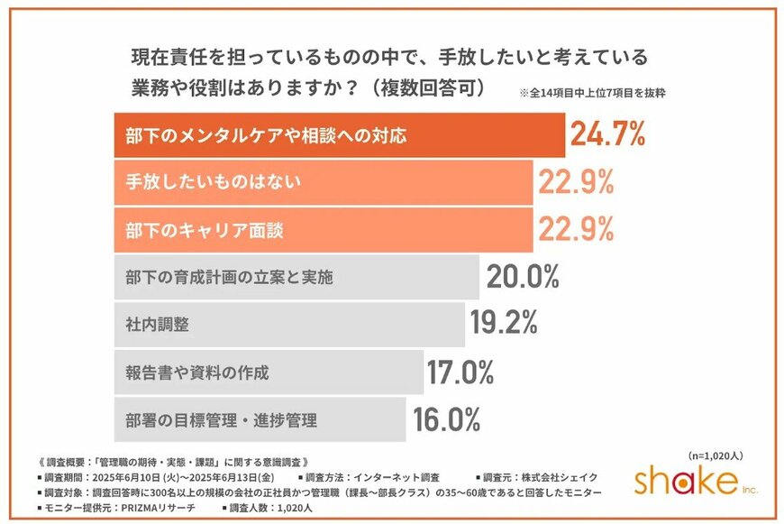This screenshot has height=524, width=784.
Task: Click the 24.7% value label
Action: pyautogui.click(x=607, y=135)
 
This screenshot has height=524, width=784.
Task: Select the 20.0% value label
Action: pyautogui.click(x=524, y=277)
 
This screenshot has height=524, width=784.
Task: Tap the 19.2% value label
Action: pyautogui.click(x=504, y=322)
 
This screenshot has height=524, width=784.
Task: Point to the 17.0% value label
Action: pyautogui.click(x=460, y=372)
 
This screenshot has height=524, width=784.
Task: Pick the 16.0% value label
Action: pyautogui.click(x=447, y=419)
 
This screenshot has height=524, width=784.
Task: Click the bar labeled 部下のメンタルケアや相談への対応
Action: pyautogui.click(x=338, y=136)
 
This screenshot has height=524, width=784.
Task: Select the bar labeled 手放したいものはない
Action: pyautogui.click(x=324, y=183)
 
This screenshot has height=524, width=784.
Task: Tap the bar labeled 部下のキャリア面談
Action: pyautogui.click(x=324, y=230)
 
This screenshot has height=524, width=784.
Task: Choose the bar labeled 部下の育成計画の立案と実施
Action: pyautogui.click(x=296, y=277)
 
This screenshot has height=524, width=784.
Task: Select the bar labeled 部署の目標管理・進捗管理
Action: pyautogui.click(x=260, y=419)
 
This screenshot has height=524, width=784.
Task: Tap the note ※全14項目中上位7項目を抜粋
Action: pyautogui.click(x=592, y=93)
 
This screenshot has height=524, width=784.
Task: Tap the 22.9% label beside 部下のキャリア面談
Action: pyautogui.click(x=576, y=230)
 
